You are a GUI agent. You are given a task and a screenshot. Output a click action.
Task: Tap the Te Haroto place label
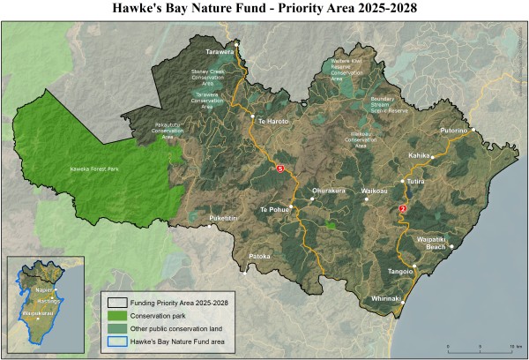tap(273, 120)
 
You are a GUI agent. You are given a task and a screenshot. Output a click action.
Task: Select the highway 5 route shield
tap(280, 168)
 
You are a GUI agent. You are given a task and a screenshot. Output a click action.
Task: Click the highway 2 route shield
tap(403, 208)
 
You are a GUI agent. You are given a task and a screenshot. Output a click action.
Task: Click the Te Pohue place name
tap(274, 209)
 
